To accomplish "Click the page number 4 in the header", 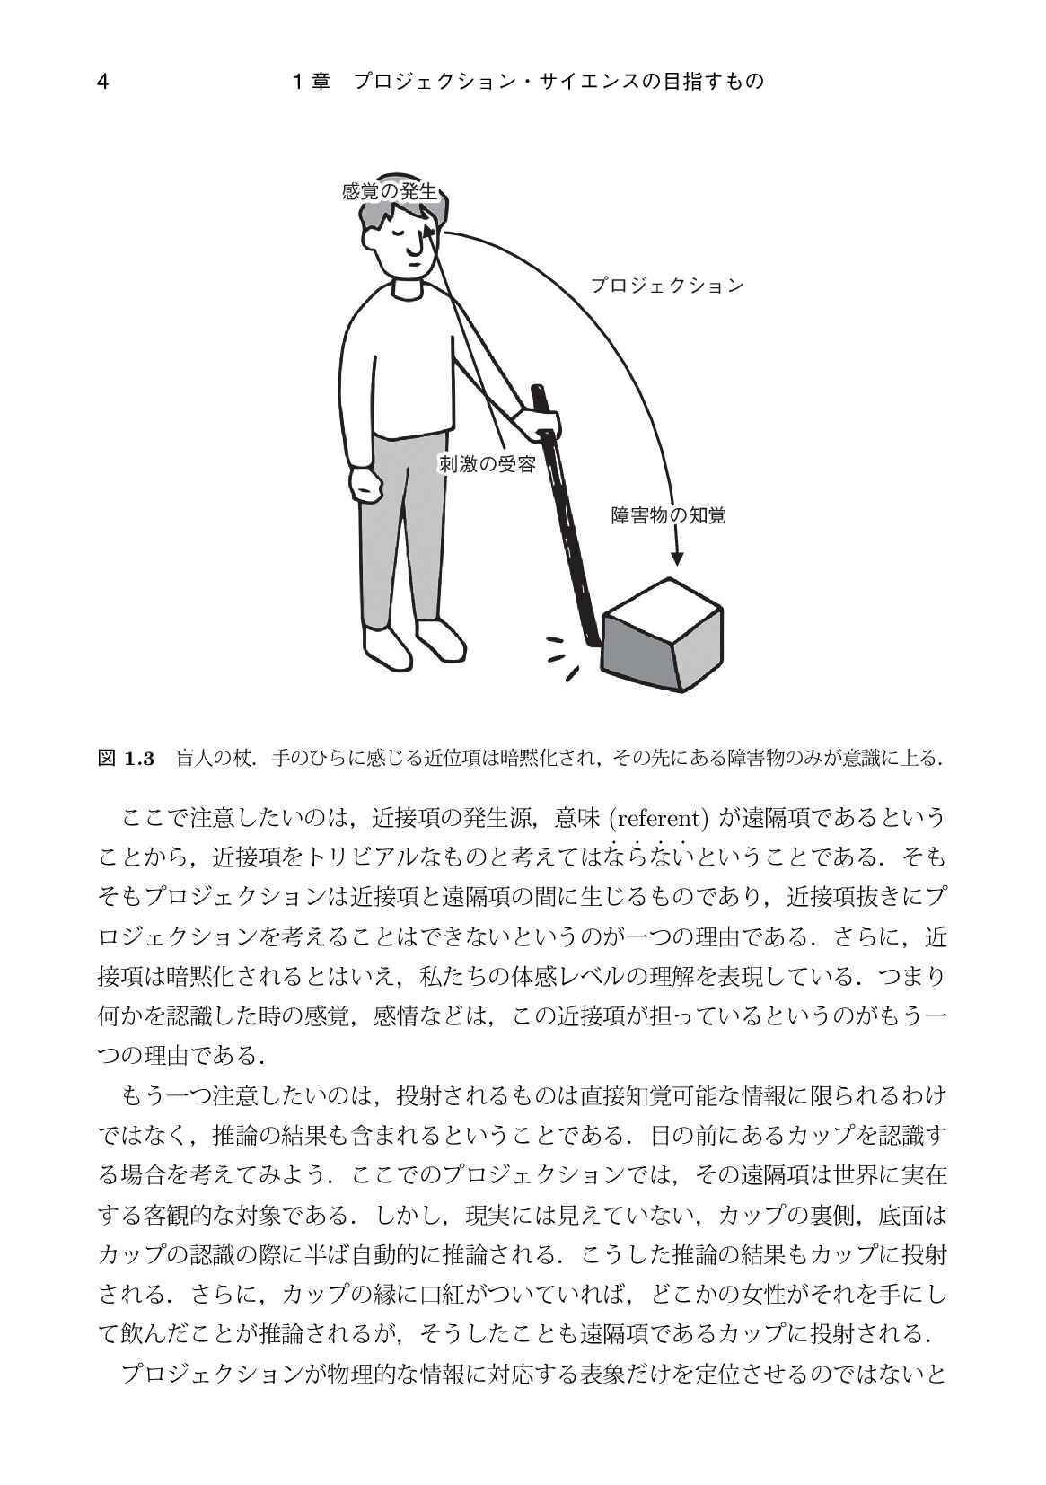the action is tap(102, 82).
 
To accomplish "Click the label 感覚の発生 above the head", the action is tap(390, 191).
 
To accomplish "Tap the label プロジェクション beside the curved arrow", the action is tap(667, 286).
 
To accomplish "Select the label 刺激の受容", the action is tap(488, 464).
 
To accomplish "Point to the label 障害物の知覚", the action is tap(668, 515).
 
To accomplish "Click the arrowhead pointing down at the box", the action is tap(676, 558).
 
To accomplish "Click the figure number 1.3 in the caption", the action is tap(139, 759).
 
